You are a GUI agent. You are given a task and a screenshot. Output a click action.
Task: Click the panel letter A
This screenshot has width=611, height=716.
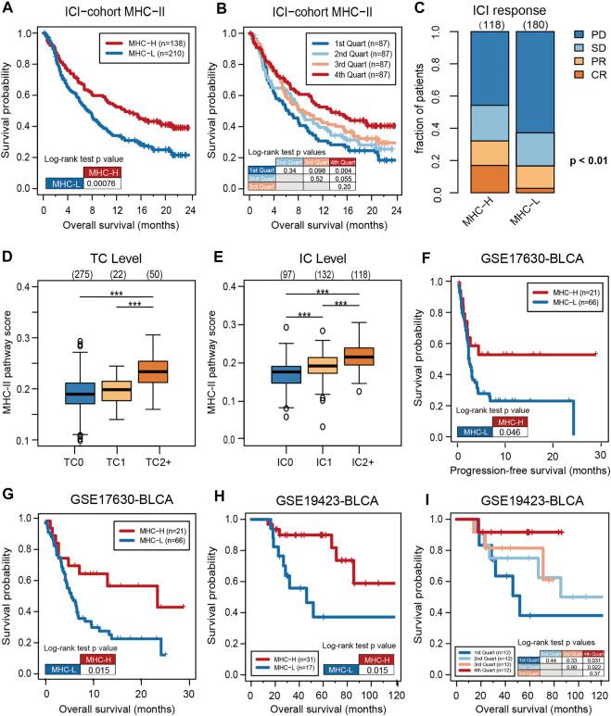click(x=9, y=9)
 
